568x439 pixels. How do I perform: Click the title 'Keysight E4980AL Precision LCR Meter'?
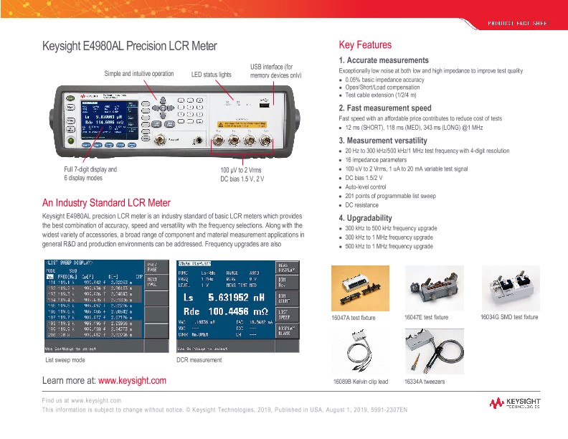129,47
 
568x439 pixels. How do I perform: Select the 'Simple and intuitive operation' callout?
139,73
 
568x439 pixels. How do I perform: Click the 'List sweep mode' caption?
65,359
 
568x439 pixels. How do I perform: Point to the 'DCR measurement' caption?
199,359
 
